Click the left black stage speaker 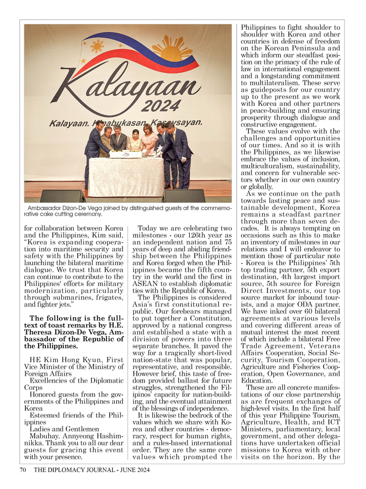pos(62,196)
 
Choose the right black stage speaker pos(183,196)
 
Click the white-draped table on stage pos(126,176)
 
